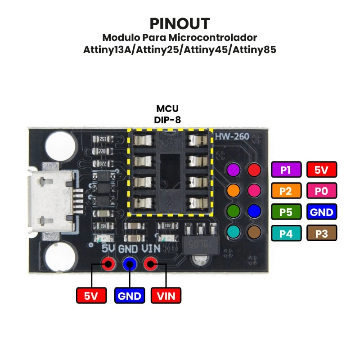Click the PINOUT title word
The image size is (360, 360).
(180, 23)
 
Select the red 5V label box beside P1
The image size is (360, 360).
(321, 170)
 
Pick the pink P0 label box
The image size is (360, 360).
(321, 191)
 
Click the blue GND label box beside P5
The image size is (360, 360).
(321, 212)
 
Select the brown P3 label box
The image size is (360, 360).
(321, 233)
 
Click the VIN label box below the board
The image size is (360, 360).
(166, 296)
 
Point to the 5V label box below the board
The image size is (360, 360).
(92, 296)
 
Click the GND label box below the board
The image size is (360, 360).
(130, 296)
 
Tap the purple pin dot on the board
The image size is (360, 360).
(233, 170)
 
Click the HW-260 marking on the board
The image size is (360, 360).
(232, 136)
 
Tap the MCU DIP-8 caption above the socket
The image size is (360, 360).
(167, 114)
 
